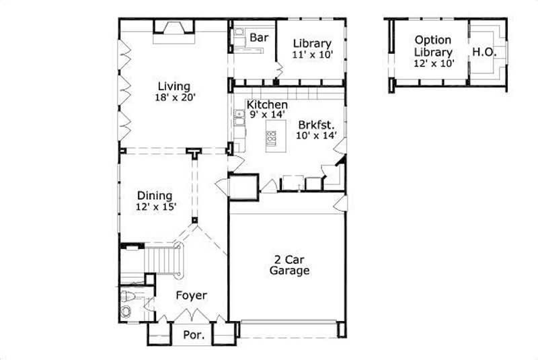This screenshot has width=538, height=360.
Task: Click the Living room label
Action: pos(174,86)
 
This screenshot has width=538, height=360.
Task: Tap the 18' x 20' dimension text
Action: pos(174,98)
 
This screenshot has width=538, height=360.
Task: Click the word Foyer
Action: pos(192,295)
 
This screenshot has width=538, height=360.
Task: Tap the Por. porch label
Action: pos(193,334)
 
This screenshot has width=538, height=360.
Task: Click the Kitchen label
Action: pos(267,105)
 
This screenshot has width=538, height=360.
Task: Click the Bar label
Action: pos(259,38)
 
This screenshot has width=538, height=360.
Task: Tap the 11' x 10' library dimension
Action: pos(312,55)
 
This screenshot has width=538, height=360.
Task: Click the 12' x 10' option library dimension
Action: pos(434,63)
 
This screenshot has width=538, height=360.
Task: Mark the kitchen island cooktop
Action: pos(271,139)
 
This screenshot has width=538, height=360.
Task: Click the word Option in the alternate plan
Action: pos(432,40)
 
